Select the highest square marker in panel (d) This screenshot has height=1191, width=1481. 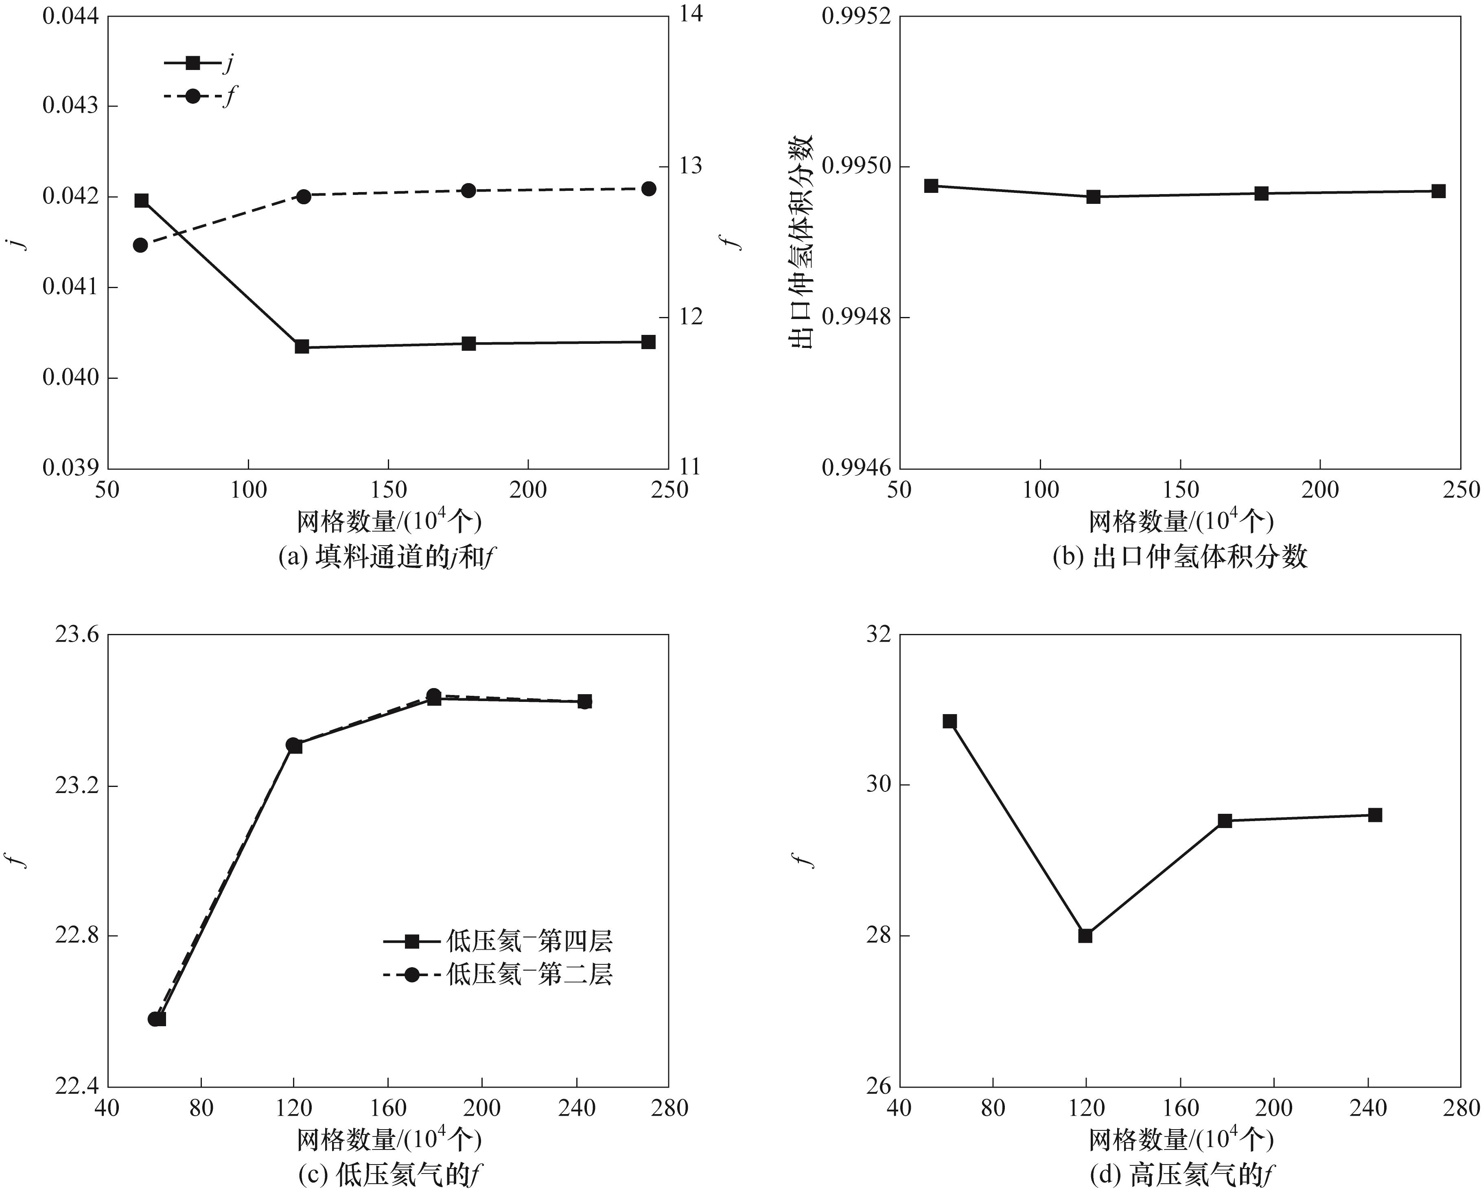[x=950, y=721]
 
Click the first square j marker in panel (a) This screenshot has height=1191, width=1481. [x=142, y=201]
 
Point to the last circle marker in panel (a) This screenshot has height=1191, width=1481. [x=648, y=189]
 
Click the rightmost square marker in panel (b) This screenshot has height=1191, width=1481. [x=1438, y=191]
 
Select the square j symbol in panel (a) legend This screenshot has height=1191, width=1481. [x=193, y=63]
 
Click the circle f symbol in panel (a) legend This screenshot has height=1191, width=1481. [x=193, y=96]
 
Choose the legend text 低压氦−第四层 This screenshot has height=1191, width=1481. [x=529, y=942]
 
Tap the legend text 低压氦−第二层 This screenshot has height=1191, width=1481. [x=529, y=975]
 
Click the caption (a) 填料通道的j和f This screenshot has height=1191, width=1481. [x=387, y=557]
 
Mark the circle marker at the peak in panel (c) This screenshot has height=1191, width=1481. [x=433, y=695]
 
